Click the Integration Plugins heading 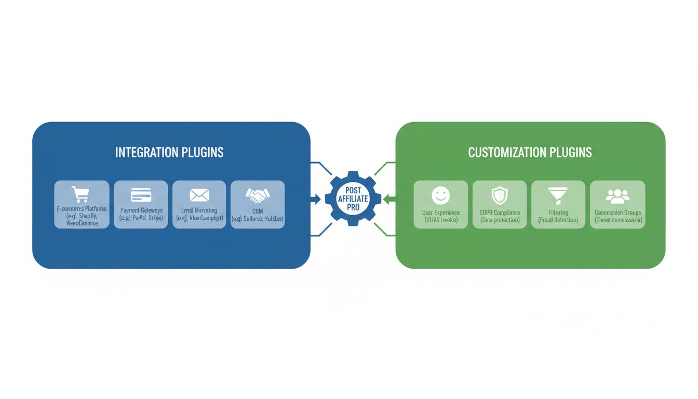[169, 152]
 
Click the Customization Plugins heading [530, 152]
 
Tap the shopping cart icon [82, 194]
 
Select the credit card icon [141, 195]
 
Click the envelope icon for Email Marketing [199, 195]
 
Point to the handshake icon [258, 195]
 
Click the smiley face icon [440, 196]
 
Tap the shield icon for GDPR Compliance [499, 196]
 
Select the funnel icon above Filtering [558, 196]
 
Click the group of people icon [618, 196]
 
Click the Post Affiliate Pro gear [353, 199]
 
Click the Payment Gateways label [141, 210]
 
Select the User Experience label [440, 212]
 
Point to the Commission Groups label [618, 212]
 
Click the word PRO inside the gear [353, 207]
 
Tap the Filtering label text [558, 212]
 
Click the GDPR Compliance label [499, 212]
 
